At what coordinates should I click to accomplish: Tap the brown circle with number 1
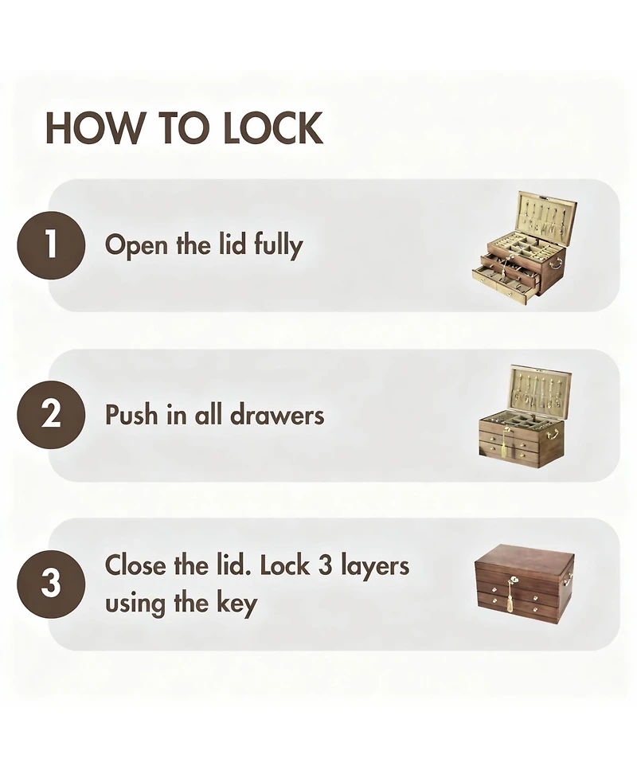[51, 244]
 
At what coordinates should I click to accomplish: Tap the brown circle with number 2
[51, 415]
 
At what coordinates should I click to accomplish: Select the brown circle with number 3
[51, 584]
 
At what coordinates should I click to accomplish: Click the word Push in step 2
[131, 415]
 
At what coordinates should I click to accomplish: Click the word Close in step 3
[133, 565]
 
